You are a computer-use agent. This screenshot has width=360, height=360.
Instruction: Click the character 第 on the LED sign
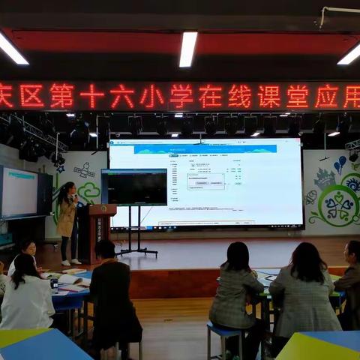click(61, 96)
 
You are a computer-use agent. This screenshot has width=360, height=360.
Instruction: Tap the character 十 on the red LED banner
click(91, 96)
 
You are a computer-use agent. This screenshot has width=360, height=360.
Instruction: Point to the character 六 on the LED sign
click(121, 96)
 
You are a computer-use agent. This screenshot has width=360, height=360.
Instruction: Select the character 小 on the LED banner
click(151, 96)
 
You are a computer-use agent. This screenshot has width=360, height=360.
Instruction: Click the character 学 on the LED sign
click(180, 96)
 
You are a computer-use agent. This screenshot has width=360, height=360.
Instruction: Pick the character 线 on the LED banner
click(239, 96)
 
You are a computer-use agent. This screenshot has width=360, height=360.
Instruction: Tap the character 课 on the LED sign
click(268, 96)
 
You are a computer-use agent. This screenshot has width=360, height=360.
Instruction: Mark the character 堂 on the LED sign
click(298, 96)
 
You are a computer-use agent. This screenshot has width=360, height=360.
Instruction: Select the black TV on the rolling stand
click(134, 187)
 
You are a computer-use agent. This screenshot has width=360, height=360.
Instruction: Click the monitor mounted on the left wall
click(19, 193)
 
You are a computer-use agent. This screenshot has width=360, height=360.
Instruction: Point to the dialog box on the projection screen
click(205, 181)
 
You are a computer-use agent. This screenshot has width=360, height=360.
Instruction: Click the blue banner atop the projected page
click(205, 149)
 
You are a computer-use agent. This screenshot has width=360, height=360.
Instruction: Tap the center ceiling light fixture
click(187, 48)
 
